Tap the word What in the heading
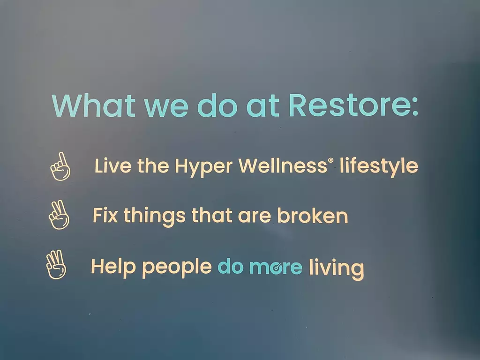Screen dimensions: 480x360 point(94,105)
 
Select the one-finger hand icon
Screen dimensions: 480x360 point(60,166)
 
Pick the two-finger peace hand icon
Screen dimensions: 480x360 point(59,215)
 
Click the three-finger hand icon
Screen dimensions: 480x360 point(56,264)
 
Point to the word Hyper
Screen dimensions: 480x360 point(203,167)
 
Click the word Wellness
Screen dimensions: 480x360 point(283,165)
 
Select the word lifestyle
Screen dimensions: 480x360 point(379,167)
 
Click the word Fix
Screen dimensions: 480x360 point(105,215)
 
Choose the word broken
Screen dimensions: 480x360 point(313,215)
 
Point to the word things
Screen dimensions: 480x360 point(155,217)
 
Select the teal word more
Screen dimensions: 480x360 point(276,267)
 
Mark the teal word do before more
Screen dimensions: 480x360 point(231,266)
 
